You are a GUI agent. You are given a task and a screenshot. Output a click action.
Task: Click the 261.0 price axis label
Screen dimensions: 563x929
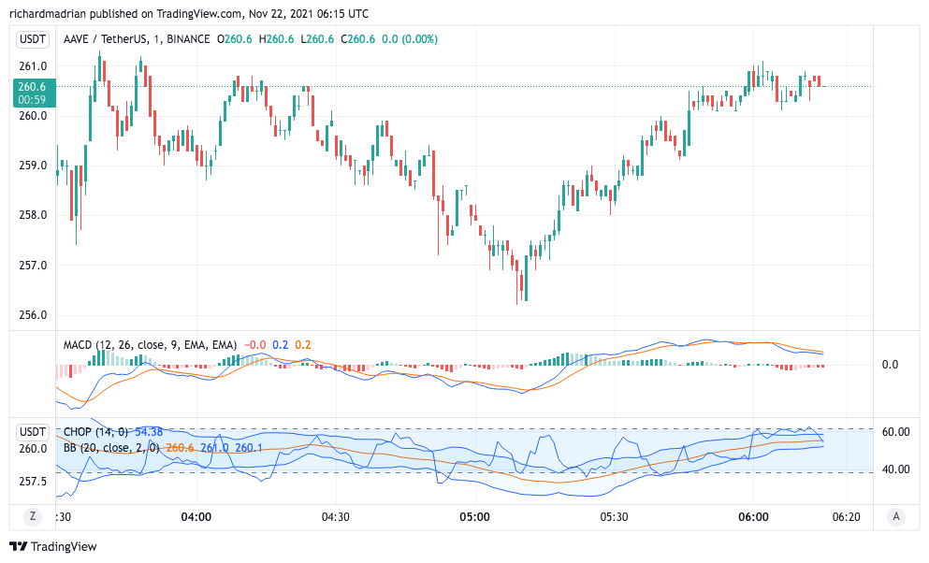coord(33,66)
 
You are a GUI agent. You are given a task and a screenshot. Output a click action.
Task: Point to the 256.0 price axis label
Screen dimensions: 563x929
coord(33,315)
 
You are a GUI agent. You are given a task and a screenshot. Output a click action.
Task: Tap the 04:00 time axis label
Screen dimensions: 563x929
coord(196,516)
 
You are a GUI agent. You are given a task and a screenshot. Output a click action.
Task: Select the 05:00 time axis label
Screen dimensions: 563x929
coord(474,516)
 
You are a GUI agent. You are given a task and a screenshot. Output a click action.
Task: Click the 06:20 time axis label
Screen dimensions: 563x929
coord(846,516)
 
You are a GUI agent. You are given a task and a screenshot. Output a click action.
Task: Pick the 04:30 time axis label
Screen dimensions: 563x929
coord(335,516)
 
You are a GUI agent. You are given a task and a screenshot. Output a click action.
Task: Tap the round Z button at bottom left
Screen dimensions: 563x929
coord(33,516)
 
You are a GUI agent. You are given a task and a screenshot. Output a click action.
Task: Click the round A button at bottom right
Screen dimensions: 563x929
coord(896,516)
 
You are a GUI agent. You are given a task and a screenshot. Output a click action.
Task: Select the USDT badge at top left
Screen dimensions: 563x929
coord(33,39)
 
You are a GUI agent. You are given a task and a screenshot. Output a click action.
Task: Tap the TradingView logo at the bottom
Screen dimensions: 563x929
coord(53,546)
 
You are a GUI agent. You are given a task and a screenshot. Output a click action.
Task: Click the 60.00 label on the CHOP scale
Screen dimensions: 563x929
coord(896,432)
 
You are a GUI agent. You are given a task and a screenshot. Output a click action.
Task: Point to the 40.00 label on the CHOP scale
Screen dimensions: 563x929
coord(896,469)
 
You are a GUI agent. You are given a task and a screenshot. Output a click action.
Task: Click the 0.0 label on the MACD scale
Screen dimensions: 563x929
coord(890,365)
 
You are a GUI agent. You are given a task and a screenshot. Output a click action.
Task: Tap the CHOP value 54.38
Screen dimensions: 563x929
coord(149,432)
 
